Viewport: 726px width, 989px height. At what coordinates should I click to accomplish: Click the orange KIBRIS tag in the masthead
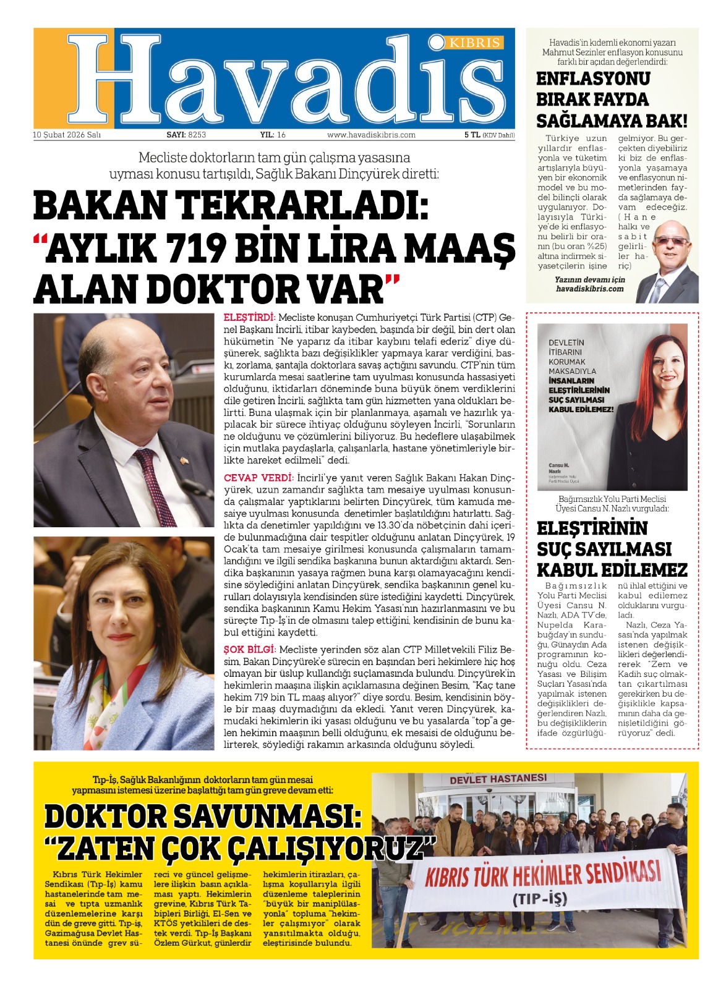[x=474, y=43]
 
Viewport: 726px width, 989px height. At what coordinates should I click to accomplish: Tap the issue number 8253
[x=197, y=135]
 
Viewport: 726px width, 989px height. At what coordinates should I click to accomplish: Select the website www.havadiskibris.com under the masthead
[x=371, y=135]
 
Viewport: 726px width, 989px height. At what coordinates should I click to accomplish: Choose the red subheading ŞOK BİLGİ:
[x=249, y=650]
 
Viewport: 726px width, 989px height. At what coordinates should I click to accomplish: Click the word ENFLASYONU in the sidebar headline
[x=584, y=79]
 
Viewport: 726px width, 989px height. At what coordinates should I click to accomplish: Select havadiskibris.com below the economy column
[x=589, y=289]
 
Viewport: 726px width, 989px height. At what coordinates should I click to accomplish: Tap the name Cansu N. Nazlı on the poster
[x=558, y=467]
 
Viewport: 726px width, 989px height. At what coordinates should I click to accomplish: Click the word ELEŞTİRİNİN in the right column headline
[x=592, y=529]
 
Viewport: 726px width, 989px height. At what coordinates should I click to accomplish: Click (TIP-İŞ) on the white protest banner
[x=539, y=899]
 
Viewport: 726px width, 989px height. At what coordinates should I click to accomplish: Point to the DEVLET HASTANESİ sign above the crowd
[x=498, y=779]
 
